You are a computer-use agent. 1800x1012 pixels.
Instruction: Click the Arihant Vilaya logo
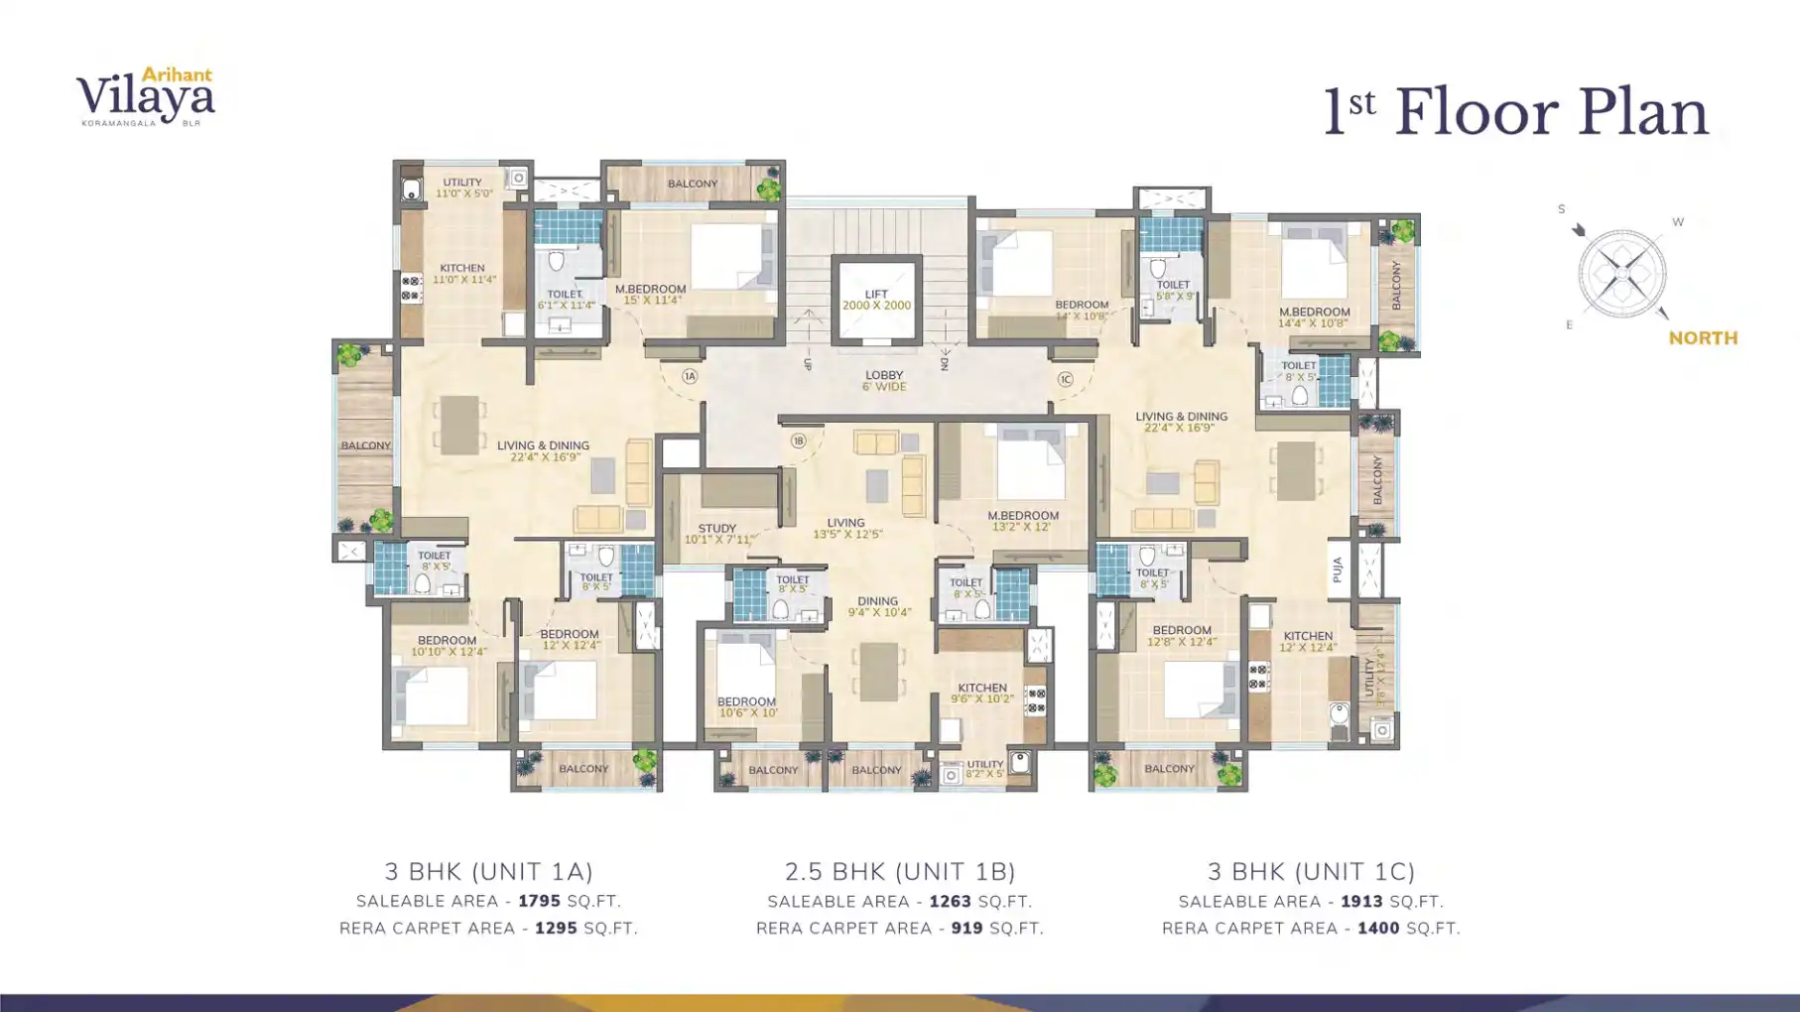[x=146, y=96]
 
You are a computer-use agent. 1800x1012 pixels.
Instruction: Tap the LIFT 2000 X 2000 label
[x=875, y=300]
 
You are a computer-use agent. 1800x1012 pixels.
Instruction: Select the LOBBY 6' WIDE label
[x=883, y=381]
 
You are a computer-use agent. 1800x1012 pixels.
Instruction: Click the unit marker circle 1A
[x=690, y=376]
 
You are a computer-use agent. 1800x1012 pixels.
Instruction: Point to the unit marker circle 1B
[x=798, y=441]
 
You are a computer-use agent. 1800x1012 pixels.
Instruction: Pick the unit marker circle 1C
[x=1065, y=379]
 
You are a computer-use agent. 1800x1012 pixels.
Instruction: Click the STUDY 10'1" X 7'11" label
[x=717, y=534]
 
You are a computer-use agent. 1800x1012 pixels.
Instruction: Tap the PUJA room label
[x=1338, y=569]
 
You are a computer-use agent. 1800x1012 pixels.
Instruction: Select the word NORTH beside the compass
[x=1703, y=338]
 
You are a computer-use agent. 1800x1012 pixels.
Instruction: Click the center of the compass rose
[x=1621, y=273]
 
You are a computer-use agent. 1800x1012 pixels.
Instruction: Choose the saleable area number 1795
[x=539, y=901]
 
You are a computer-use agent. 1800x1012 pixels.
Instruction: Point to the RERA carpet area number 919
[x=966, y=928]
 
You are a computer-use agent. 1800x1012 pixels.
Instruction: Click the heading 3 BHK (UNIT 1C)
[x=1311, y=871]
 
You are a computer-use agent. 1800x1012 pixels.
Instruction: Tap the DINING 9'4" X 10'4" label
[x=878, y=606]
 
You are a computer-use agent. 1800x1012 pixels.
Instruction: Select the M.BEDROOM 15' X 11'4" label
[x=650, y=294]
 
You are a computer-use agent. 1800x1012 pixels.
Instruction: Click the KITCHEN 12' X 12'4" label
[x=1307, y=641]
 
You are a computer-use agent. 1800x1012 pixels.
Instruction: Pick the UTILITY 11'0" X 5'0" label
[x=462, y=188]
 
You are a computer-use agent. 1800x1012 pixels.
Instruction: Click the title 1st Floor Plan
[x=1515, y=113]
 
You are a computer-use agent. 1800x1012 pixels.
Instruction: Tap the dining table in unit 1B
[x=878, y=672]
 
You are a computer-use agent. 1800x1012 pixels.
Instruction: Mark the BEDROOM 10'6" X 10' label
[x=747, y=706]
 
